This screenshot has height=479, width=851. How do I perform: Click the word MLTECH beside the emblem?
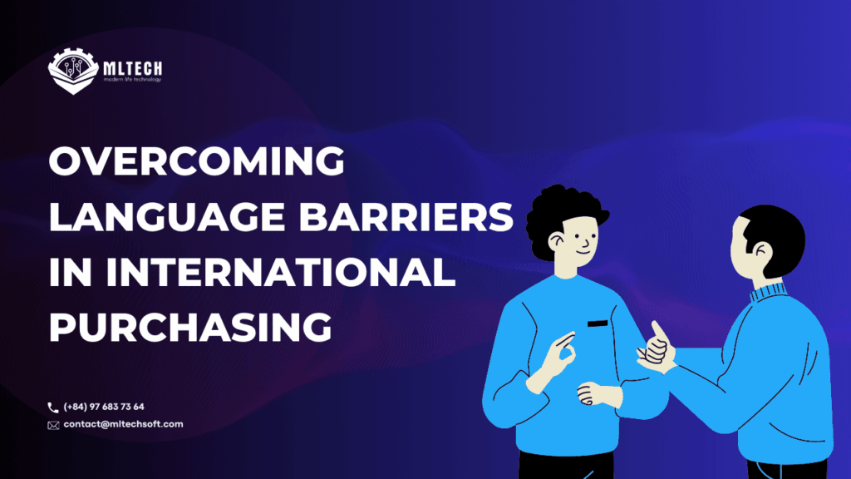135,64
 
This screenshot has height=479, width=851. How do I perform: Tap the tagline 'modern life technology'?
133,79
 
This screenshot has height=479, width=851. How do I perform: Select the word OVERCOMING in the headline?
197,160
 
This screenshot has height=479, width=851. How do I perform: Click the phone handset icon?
53,407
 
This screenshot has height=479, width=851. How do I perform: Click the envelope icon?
53,425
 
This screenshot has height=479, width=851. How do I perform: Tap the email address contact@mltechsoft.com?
123,425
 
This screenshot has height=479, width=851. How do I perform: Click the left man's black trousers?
565,466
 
